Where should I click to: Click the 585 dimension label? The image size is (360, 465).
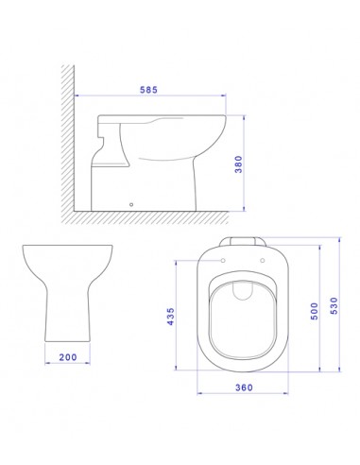[x=148, y=90]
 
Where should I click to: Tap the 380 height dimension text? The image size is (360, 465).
[x=239, y=164]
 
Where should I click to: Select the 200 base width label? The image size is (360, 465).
[x=68, y=357]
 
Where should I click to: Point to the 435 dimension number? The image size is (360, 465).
[x=170, y=317]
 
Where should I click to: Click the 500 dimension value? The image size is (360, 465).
[x=314, y=311]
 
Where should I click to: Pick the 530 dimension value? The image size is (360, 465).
[x=334, y=305]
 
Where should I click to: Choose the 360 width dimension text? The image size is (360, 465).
[x=244, y=387]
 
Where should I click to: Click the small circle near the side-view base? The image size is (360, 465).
[x=131, y=204]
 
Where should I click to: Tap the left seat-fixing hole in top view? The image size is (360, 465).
[x=223, y=261]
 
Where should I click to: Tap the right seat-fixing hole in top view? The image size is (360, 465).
[x=263, y=261]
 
